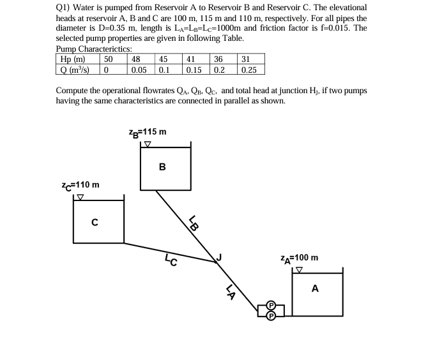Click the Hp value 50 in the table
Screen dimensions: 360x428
tap(109, 59)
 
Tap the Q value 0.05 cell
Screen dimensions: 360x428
tap(138, 69)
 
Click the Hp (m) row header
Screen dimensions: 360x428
tap(72, 59)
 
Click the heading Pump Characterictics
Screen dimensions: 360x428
tap(94, 49)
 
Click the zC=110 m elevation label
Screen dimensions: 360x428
tap(80, 185)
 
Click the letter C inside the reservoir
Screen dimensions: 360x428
tap(95, 223)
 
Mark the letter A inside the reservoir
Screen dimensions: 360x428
tap(315, 289)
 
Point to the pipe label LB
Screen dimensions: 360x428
tap(194, 223)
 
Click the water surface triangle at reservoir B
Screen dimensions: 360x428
tap(148, 144)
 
